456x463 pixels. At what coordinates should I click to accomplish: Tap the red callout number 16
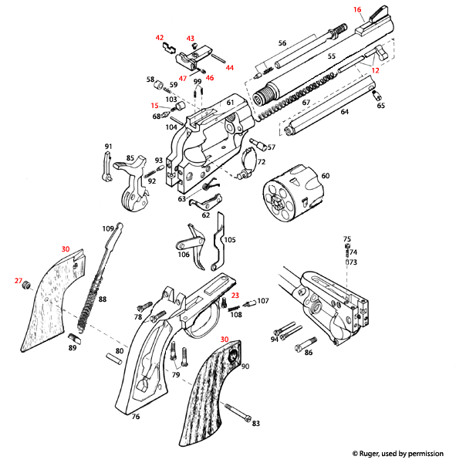(357, 9)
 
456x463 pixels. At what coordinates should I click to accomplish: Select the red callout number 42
(160, 37)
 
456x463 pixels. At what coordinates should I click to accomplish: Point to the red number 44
(229, 68)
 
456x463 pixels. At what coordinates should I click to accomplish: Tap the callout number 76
(135, 417)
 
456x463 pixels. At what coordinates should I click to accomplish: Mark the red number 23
(235, 295)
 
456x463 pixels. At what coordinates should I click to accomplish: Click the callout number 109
(108, 228)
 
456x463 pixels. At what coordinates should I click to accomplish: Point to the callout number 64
(344, 113)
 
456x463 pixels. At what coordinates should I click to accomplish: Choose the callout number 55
(332, 57)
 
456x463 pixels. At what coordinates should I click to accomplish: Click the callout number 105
(230, 240)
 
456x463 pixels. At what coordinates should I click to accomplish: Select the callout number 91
(109, 147)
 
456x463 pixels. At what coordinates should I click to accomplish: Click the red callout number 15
(155, 106)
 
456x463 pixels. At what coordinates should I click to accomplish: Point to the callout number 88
(103, 299)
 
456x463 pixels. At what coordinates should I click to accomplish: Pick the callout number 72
(261, 162)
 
